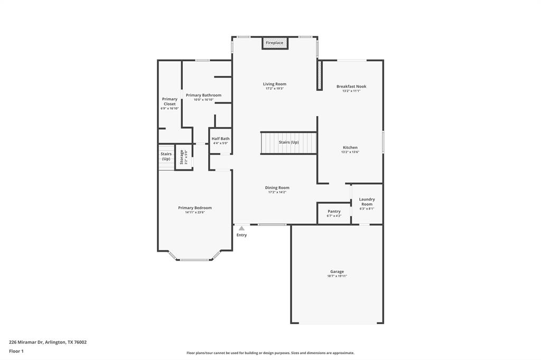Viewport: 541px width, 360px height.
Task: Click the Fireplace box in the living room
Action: [x=275, y=43]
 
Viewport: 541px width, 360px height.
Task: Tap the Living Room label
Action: [x=275, y=84]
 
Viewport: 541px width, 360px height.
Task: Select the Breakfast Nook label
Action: [x=351, y=87]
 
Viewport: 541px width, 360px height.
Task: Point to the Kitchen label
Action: [x=350, y=148]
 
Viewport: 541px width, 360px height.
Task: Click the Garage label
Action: [x=337, y=272]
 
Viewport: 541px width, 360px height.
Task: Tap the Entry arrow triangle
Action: [x=241, y=229]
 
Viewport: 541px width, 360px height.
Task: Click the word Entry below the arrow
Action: [x=241, y=235]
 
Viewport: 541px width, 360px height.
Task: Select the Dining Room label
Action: [x=277, y=188]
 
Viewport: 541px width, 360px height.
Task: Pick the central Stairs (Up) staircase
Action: [x=288, y=143]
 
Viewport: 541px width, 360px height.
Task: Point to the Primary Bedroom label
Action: [x=195, y=208]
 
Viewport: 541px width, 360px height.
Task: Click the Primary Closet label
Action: [x=170, y=101]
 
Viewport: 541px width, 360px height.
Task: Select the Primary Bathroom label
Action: [x=203, y=95]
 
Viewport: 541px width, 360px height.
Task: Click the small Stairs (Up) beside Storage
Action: [x=166, y=156]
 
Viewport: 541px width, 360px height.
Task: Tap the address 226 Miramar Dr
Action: [x=48, y=342]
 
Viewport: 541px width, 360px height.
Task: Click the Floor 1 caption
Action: [x=17, y=351]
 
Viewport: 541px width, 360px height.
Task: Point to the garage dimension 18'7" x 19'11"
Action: [x=337, y=276]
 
